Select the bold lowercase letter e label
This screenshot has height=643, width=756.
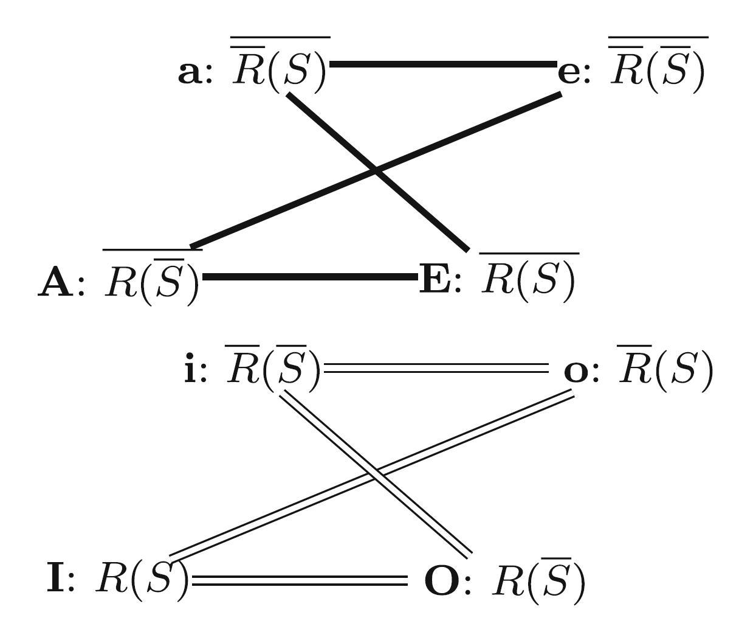coord(569,73)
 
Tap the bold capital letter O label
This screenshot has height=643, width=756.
coord(441,582)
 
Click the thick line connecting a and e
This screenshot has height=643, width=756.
coord(442,63)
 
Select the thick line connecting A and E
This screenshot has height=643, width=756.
coord(310,277)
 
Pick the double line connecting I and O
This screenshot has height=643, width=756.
coord(299,580)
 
